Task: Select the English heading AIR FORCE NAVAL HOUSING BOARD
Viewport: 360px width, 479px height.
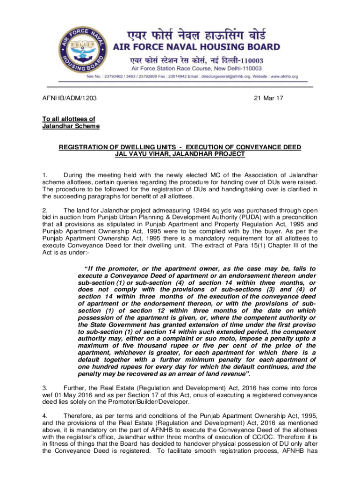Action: click(x=196, y=47)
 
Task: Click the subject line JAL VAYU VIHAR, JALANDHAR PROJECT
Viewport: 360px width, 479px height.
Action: click(x=180, y=154)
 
